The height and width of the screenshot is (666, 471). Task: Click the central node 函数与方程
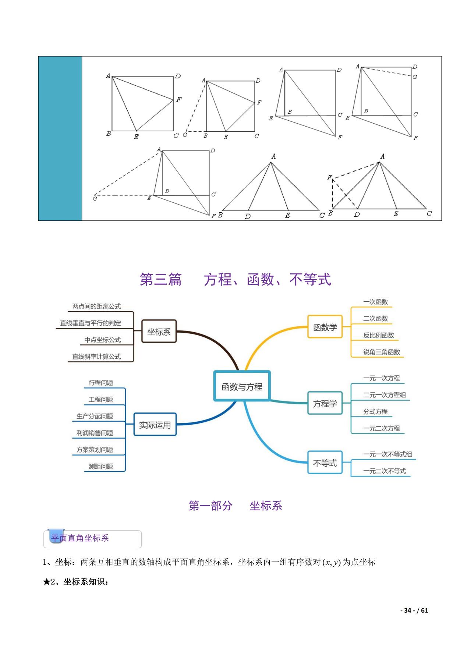[x=242, y=386]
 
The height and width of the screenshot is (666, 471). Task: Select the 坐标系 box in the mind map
[x=159, y=332]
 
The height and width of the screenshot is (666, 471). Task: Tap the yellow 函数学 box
[x=325, y=327]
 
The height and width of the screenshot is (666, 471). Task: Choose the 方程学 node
[x=325, y=403]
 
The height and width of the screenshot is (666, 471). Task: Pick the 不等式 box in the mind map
[x=325, y=463]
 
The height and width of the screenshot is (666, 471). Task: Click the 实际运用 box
[x=155, y=425]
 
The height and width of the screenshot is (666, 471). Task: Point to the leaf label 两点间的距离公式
[x=96, y=306]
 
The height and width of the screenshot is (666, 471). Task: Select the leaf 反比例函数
[x=378, y=335]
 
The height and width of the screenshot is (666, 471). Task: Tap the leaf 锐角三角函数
[x=382, y=352]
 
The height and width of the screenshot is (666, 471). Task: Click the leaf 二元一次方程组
[x=385, y=395]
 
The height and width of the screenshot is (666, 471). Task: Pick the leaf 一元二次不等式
[x=385, y=471]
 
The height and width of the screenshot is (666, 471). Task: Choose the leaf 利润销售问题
[x=95, y=433]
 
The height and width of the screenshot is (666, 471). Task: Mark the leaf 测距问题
[x=100, y=466]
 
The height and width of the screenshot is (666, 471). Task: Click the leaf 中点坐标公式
[x=102, y=340]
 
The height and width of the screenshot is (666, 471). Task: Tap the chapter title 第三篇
[x=161, y=280]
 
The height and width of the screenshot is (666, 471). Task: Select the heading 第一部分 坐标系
[x=235, y=506]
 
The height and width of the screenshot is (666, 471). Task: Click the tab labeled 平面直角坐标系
[x=80, y=538]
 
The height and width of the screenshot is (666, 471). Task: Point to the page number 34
[x=407, y=610]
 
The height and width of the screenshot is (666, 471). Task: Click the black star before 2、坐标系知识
[x=47, y=582]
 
